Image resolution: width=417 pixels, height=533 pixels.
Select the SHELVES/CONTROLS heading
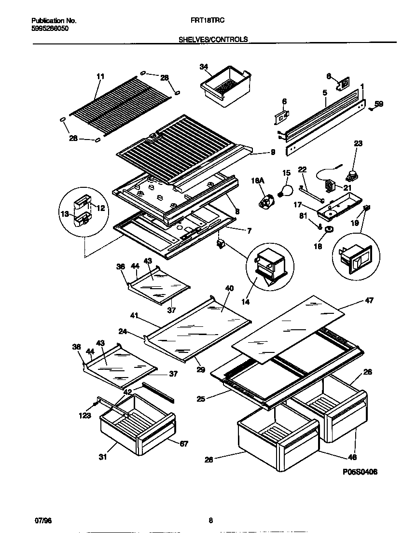tap(213, 39)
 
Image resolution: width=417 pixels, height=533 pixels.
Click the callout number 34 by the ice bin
tap(204, 67)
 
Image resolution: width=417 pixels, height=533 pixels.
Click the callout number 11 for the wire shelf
tap(100, 76)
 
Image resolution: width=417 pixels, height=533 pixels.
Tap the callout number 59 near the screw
tap(379, 103)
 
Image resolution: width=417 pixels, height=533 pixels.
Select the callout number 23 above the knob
tap(358, 143)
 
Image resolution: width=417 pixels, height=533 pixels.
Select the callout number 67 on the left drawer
tap(183, 444)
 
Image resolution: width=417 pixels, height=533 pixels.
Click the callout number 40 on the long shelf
tap(229, 288)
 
